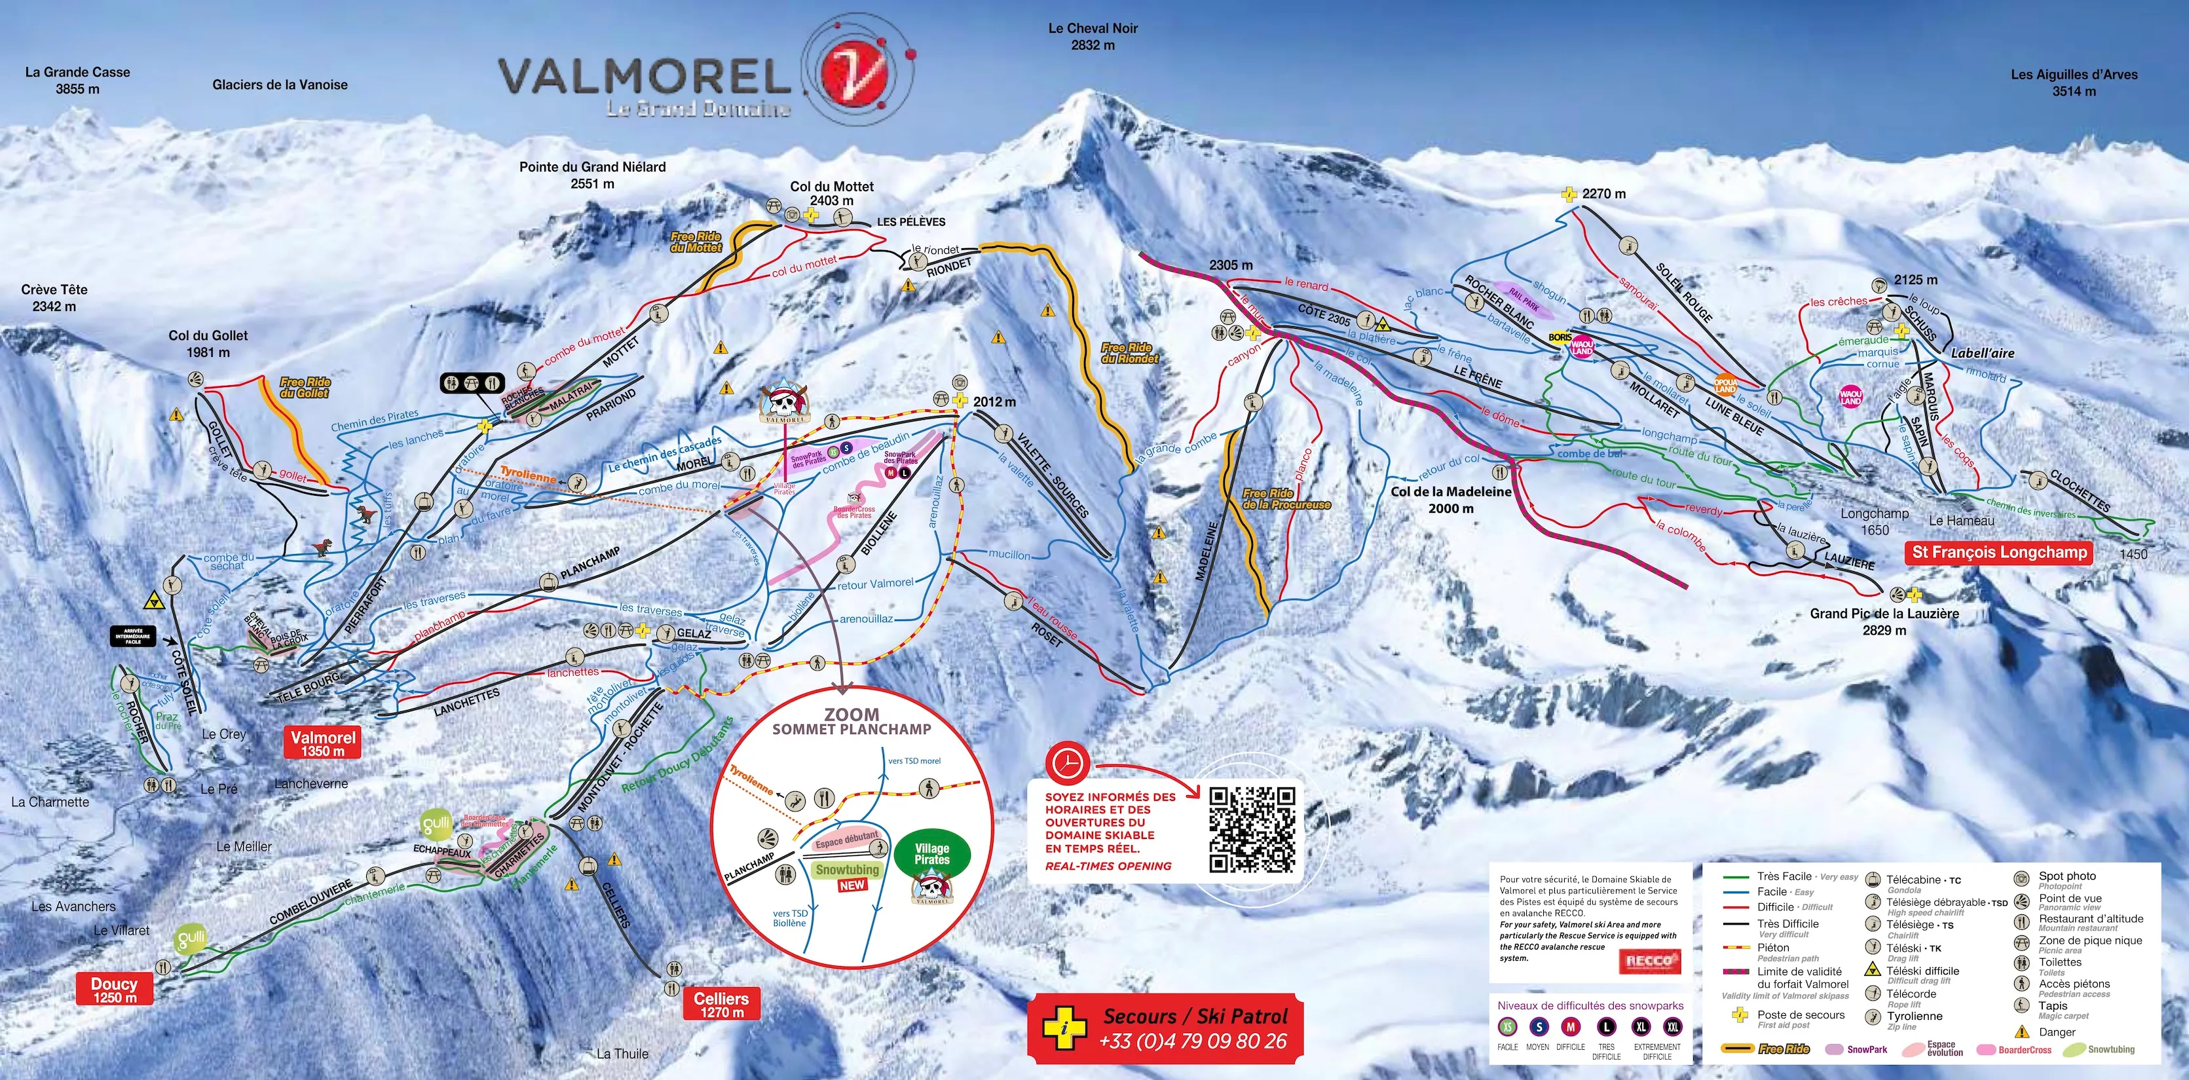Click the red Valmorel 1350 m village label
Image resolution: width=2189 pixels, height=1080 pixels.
click(322, 743)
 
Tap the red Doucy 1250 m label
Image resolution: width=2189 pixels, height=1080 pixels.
click(114, 989)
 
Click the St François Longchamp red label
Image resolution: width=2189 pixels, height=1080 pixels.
click(1998, 552)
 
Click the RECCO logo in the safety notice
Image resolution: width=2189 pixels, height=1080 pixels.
click(1649, 961)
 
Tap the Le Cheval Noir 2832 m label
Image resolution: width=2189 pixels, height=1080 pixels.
click(1092, 37)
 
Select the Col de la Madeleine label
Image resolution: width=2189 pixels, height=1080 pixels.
click(1451, 500)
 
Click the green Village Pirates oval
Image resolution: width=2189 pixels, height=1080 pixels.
click(931, 854)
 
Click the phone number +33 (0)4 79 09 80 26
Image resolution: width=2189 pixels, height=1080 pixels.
click(1192, 1041)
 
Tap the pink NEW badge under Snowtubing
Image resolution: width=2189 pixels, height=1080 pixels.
click(851, 885)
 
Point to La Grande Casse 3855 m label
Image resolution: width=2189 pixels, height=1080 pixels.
click(77, 80)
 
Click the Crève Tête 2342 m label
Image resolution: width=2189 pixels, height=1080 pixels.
click(54, 297)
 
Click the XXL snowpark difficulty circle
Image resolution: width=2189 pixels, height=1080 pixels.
click(1672, 1026)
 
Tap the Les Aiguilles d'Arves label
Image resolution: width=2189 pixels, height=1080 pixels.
click(2074, 83)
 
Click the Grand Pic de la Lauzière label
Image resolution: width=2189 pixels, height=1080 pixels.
click(1884, 621)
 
